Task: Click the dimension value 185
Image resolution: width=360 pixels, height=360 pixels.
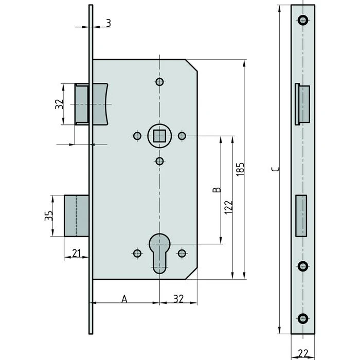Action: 240,169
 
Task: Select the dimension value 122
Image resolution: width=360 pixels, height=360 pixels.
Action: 229,207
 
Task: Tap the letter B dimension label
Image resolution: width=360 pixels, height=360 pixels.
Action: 217,190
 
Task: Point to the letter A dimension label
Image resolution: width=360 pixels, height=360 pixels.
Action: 124,299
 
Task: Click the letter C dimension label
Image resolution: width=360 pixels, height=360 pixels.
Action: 275,169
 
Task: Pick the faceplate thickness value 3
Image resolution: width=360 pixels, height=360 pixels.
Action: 109,23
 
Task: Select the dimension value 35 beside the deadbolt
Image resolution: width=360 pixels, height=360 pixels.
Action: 49,216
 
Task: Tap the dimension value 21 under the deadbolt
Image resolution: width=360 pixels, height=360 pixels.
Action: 77,253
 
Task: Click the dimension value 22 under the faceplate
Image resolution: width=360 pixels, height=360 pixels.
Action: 303,353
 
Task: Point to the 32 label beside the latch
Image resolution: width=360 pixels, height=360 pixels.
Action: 59,104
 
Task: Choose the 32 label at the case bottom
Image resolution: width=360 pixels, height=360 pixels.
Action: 178,299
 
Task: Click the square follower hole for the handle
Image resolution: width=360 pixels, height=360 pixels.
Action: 159,136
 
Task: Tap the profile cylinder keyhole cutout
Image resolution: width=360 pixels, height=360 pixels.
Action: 159,254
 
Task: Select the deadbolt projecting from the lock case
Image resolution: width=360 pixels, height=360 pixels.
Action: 77,216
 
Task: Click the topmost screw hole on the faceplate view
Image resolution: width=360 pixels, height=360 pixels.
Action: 303,20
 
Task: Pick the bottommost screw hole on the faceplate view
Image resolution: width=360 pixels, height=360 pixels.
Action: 303,318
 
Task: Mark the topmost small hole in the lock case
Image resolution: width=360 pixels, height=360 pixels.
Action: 159,82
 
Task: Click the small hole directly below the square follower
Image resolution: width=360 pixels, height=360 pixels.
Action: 159,161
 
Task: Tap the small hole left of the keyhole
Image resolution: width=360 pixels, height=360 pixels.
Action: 137,254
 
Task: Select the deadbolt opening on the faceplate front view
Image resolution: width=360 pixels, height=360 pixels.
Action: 301,216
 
